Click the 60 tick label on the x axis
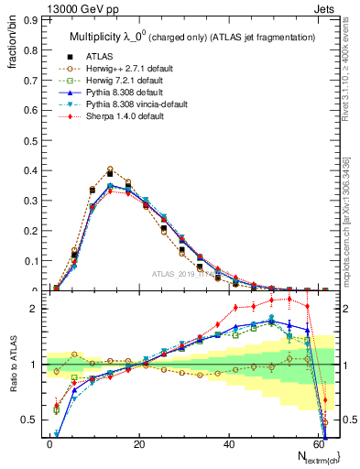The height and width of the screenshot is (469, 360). pyautogui.click(x=319, y=442)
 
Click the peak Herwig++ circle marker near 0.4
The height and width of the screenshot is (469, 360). pyautogui.click(x=110, y=169)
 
